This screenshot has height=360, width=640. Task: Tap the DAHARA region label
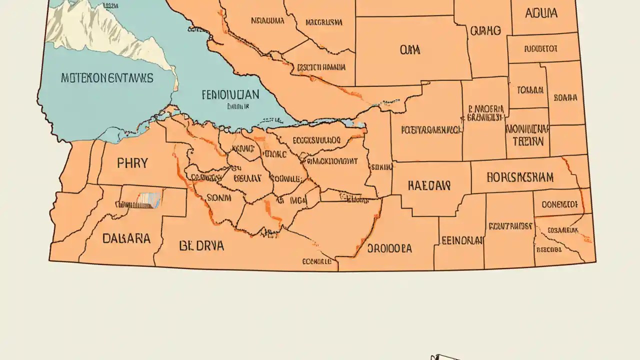(126, 238)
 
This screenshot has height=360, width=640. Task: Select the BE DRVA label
(201, 245)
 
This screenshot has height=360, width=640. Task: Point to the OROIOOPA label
(389, 248)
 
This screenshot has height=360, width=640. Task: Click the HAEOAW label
(429, 186)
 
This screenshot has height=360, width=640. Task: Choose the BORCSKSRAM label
(520, 177)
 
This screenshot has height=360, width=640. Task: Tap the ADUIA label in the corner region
(541, 13)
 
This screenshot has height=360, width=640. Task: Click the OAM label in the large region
(410, 50)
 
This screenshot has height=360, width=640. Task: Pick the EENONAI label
(462, 240)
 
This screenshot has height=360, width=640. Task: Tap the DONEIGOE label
(559, 204)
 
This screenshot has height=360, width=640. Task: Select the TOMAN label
(530, 90)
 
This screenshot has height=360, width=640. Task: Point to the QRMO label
(485, 31)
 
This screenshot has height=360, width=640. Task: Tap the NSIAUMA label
(267, 21)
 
